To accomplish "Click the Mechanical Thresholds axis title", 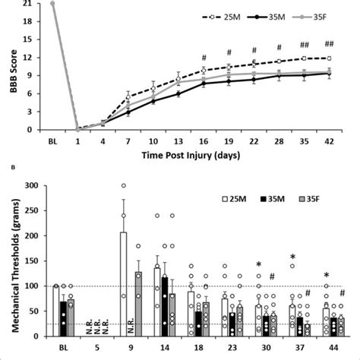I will [9, 262].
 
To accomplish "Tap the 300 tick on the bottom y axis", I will [30, 185].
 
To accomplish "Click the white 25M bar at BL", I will [58, 311].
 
